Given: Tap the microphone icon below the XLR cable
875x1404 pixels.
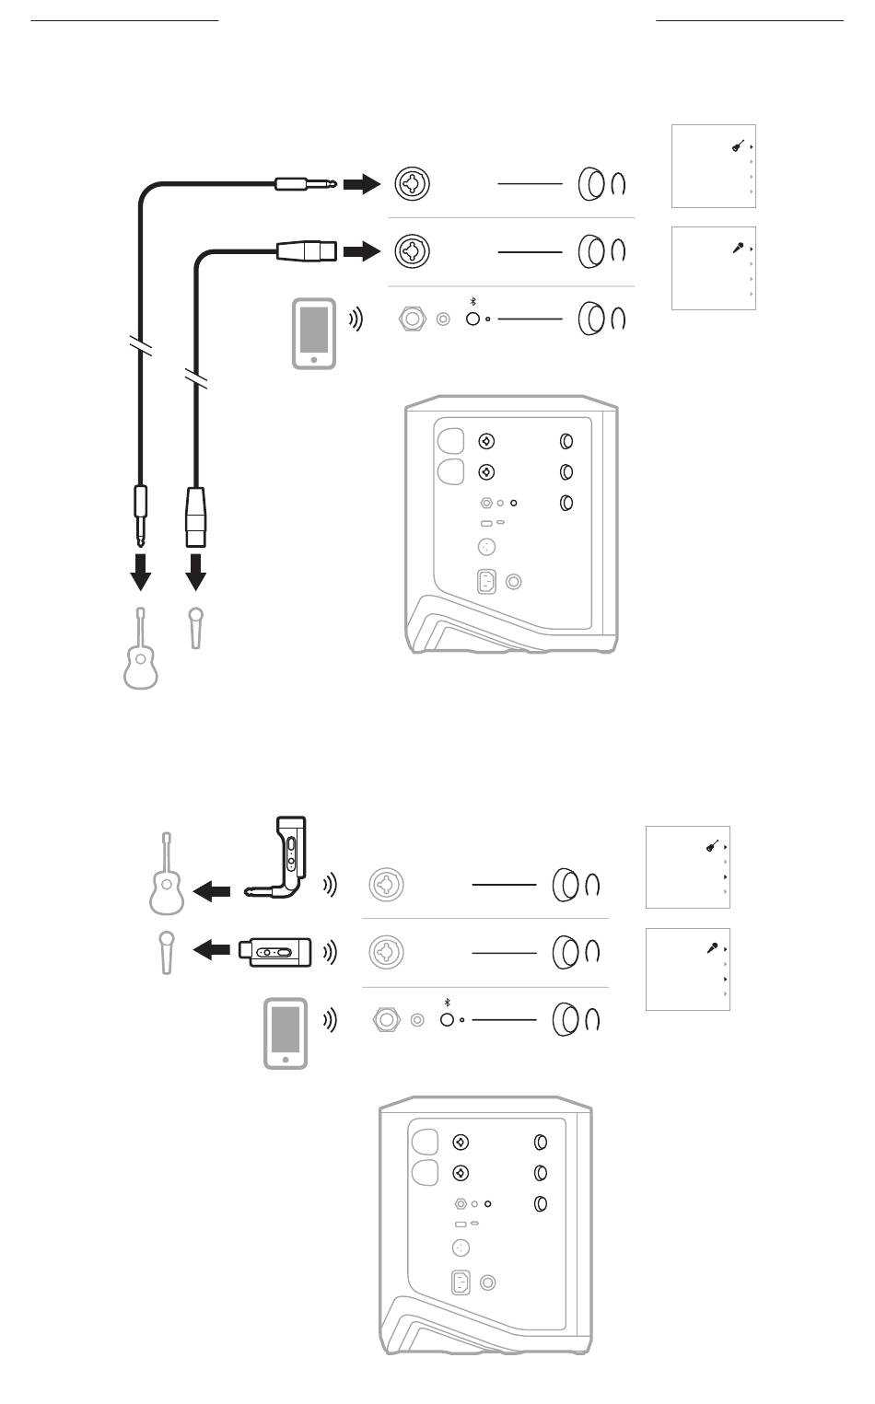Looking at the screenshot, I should [194, 627].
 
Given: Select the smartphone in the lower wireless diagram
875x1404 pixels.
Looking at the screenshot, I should [286, 1033].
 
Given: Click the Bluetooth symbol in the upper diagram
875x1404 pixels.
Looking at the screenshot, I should [473, 301].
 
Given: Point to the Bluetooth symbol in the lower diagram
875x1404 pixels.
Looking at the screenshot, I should [448, 1002].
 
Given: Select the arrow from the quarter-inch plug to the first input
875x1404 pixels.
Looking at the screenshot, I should [361, 185].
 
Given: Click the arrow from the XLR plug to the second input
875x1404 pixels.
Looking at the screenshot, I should [361, 249].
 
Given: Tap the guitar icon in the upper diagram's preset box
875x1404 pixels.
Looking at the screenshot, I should [738, 145].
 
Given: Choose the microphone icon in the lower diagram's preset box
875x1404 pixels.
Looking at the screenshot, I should [712, 947].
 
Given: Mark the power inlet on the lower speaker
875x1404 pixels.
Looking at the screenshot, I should [461, 1282].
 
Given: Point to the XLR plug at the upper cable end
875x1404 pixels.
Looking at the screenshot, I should [307, 249].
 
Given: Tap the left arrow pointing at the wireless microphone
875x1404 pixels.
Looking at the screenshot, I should [212, 950].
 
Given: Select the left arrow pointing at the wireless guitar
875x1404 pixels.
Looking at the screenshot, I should [214, 890].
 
